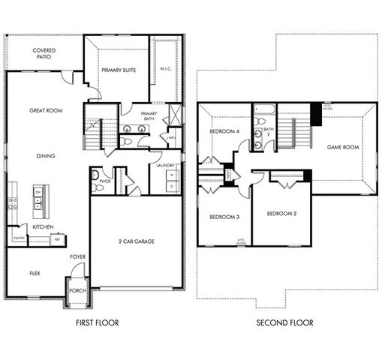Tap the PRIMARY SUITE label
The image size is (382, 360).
point(116,70)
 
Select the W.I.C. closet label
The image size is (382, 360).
point(166,70)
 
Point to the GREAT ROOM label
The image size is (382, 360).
point(47,111)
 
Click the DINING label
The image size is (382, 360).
point(47,156)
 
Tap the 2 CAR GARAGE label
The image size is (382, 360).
point(136,242)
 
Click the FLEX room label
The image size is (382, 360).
point(35,273)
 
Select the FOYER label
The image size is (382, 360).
point(77,256)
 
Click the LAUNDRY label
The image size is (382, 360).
point(166,165)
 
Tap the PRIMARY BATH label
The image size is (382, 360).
point(149,116)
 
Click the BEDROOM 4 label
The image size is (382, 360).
point(224,132)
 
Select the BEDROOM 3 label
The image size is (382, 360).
point(224,217)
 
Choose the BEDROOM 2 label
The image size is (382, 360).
point(281,214)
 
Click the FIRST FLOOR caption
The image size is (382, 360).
point(97,323)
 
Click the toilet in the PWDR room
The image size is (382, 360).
point(97,175)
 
